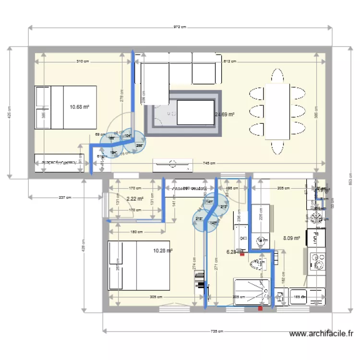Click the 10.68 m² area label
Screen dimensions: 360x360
click(80, 107)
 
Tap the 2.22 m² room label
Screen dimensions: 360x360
click(135, 198)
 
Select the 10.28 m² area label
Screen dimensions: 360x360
click(163, 250)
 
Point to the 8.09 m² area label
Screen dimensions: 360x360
click(291, 238)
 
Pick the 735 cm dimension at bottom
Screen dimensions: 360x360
click(217, 331)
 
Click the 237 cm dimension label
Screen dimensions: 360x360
click(65, 197)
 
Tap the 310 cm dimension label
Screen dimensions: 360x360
click(83, 61)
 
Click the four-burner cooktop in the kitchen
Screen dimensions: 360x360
click(316, 219)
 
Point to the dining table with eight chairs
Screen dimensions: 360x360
click(277, 111)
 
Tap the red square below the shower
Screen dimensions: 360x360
click(260, 309)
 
